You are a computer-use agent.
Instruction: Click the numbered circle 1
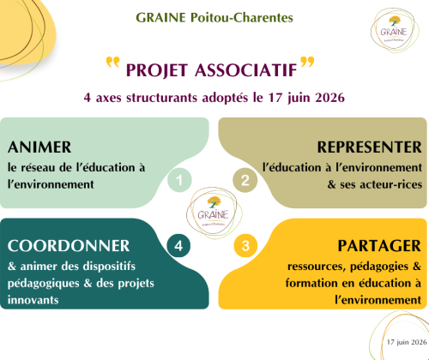click(x=179, y=180)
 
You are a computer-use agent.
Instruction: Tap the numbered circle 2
click(x=245, y=180)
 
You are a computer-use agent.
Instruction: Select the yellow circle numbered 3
click(x=245, y=246)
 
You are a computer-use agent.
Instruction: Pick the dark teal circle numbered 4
click(x=178, y=246)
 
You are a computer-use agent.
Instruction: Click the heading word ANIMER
click(x=39, y=147)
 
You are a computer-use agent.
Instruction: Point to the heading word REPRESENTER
click(x=370, y=147)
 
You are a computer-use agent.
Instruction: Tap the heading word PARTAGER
click(x=379, y=246)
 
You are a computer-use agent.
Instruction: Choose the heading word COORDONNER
click(x=69, y=246)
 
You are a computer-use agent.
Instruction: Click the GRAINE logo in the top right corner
click(x=395, y=30)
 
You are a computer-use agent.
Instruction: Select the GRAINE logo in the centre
click(x=214, y=213)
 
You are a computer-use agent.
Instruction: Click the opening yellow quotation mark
click(x=112, y=62)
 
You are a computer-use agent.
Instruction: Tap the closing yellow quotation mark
click(x=307, y=62)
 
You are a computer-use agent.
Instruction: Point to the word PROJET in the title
click(x=157, y=70)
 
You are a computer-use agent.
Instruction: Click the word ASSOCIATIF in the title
click(x=246, y=70)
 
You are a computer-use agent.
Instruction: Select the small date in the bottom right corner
click(x=407, y=342)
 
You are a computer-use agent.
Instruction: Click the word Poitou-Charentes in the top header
click(x=242, y=18)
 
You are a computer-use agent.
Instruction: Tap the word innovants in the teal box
click(x=33, y=300)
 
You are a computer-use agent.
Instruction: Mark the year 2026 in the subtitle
click(x=330, y=98)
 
